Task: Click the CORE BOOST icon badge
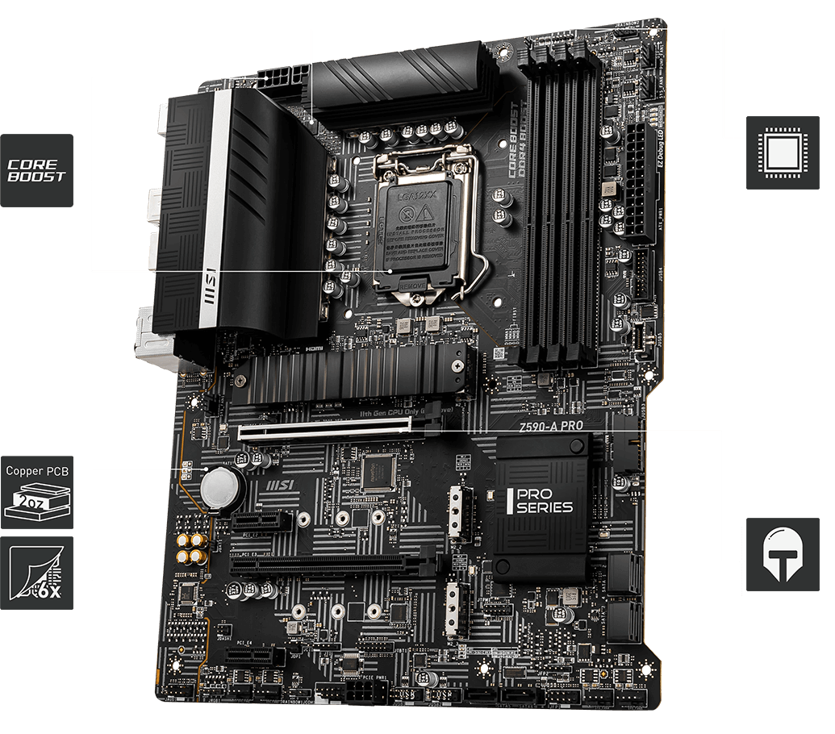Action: click(x=36, y=170)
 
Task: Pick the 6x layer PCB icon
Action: click(x=36, y=573)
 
